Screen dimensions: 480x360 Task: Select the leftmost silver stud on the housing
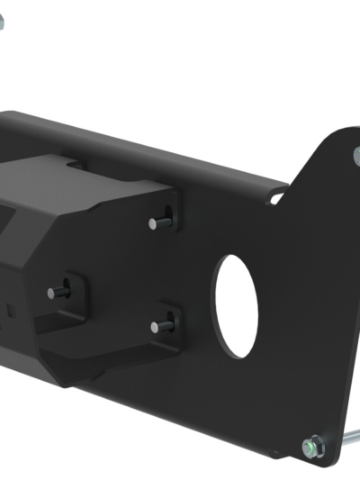click(58, 291)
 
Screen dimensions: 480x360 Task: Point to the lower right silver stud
click(162, 324)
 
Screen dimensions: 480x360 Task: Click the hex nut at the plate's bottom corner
click(312, 444)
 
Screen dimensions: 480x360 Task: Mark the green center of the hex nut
click(312, 444)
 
